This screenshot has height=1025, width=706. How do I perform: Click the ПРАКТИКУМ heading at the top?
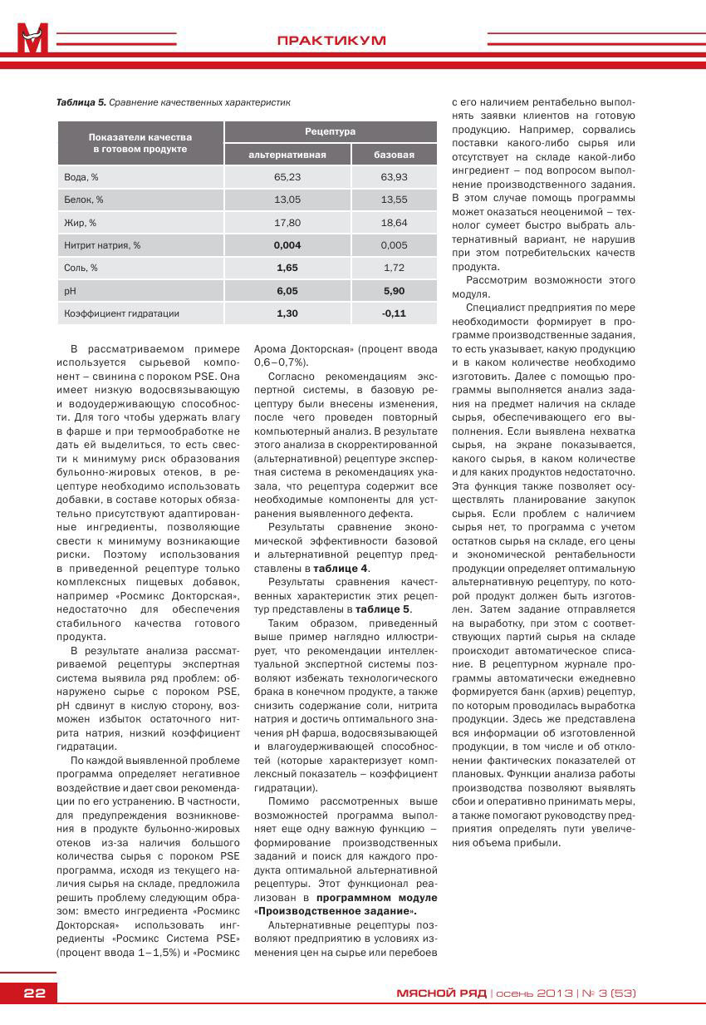[331, 40]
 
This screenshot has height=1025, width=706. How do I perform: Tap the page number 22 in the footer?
[34, 993]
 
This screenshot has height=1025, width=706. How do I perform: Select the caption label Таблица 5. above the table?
[81, 102]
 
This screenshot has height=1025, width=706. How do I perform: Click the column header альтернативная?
[287, 155]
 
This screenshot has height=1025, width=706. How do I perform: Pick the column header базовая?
[394, 155]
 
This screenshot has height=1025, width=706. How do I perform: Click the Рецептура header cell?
[330, 131]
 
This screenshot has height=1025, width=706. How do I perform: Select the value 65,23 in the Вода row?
[287, 177]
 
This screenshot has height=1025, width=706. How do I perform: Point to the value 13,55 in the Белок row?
[394, 200]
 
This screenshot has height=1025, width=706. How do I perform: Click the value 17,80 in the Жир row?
[287, 223]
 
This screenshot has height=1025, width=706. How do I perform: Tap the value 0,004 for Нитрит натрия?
[287, 245]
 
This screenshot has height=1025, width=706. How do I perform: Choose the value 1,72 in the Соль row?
[394, 268]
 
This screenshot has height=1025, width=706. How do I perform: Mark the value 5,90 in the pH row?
[394, 291]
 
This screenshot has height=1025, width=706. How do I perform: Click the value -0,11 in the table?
[394, 313]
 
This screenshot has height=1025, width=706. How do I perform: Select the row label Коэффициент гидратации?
[121, 313]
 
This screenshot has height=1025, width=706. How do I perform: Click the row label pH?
[70, 291]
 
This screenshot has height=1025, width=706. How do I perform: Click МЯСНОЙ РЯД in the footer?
[440, 993]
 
